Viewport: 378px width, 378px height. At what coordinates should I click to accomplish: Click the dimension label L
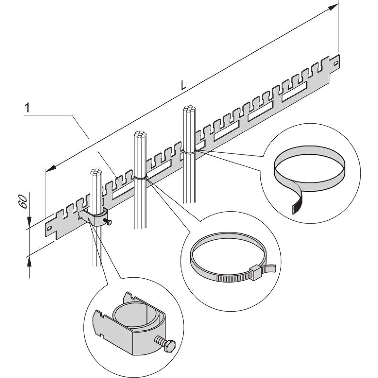184,85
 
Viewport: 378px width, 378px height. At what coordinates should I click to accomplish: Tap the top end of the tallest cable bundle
189,110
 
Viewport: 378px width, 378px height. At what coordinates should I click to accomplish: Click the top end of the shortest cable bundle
94,172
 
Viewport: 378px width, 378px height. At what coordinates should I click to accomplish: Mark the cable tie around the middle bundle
140,178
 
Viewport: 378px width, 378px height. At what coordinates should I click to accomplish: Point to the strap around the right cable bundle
189,152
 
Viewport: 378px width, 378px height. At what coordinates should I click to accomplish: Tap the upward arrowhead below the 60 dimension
30,259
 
